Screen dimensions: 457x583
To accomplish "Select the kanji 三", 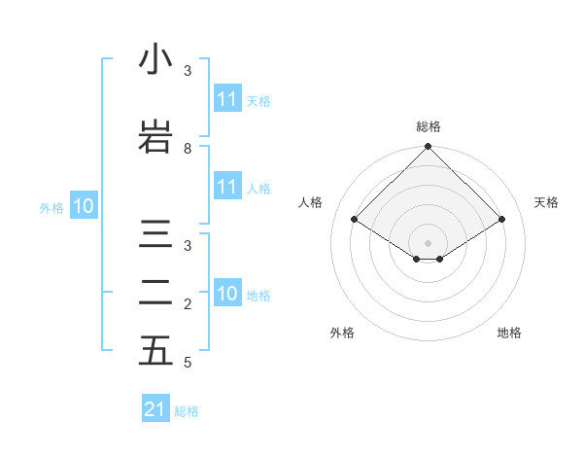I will click(155, 234).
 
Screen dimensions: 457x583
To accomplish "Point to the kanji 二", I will click(155, 293).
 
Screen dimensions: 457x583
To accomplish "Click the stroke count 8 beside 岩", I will click(188, 149).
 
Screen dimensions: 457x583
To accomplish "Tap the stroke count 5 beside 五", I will click(188, 363).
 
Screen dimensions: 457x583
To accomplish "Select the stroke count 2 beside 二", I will click(188, 304).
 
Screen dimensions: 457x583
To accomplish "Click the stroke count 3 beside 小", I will click(188, 71).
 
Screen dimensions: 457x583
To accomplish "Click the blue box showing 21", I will click(155, 409).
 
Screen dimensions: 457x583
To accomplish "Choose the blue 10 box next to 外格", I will click(84, 206).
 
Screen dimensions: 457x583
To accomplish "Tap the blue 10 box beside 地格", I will click(227, 294).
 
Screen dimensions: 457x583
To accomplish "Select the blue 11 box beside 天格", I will click(227, 99).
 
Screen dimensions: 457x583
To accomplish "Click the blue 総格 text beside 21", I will click(187, 411).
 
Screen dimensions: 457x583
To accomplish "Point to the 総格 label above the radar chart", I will click(428, 126).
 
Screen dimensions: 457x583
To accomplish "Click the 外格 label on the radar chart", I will click(342, 334).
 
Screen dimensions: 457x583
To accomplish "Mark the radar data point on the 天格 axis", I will click(502, 220).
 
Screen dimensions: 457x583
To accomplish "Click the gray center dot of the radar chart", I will click(428, 242).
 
